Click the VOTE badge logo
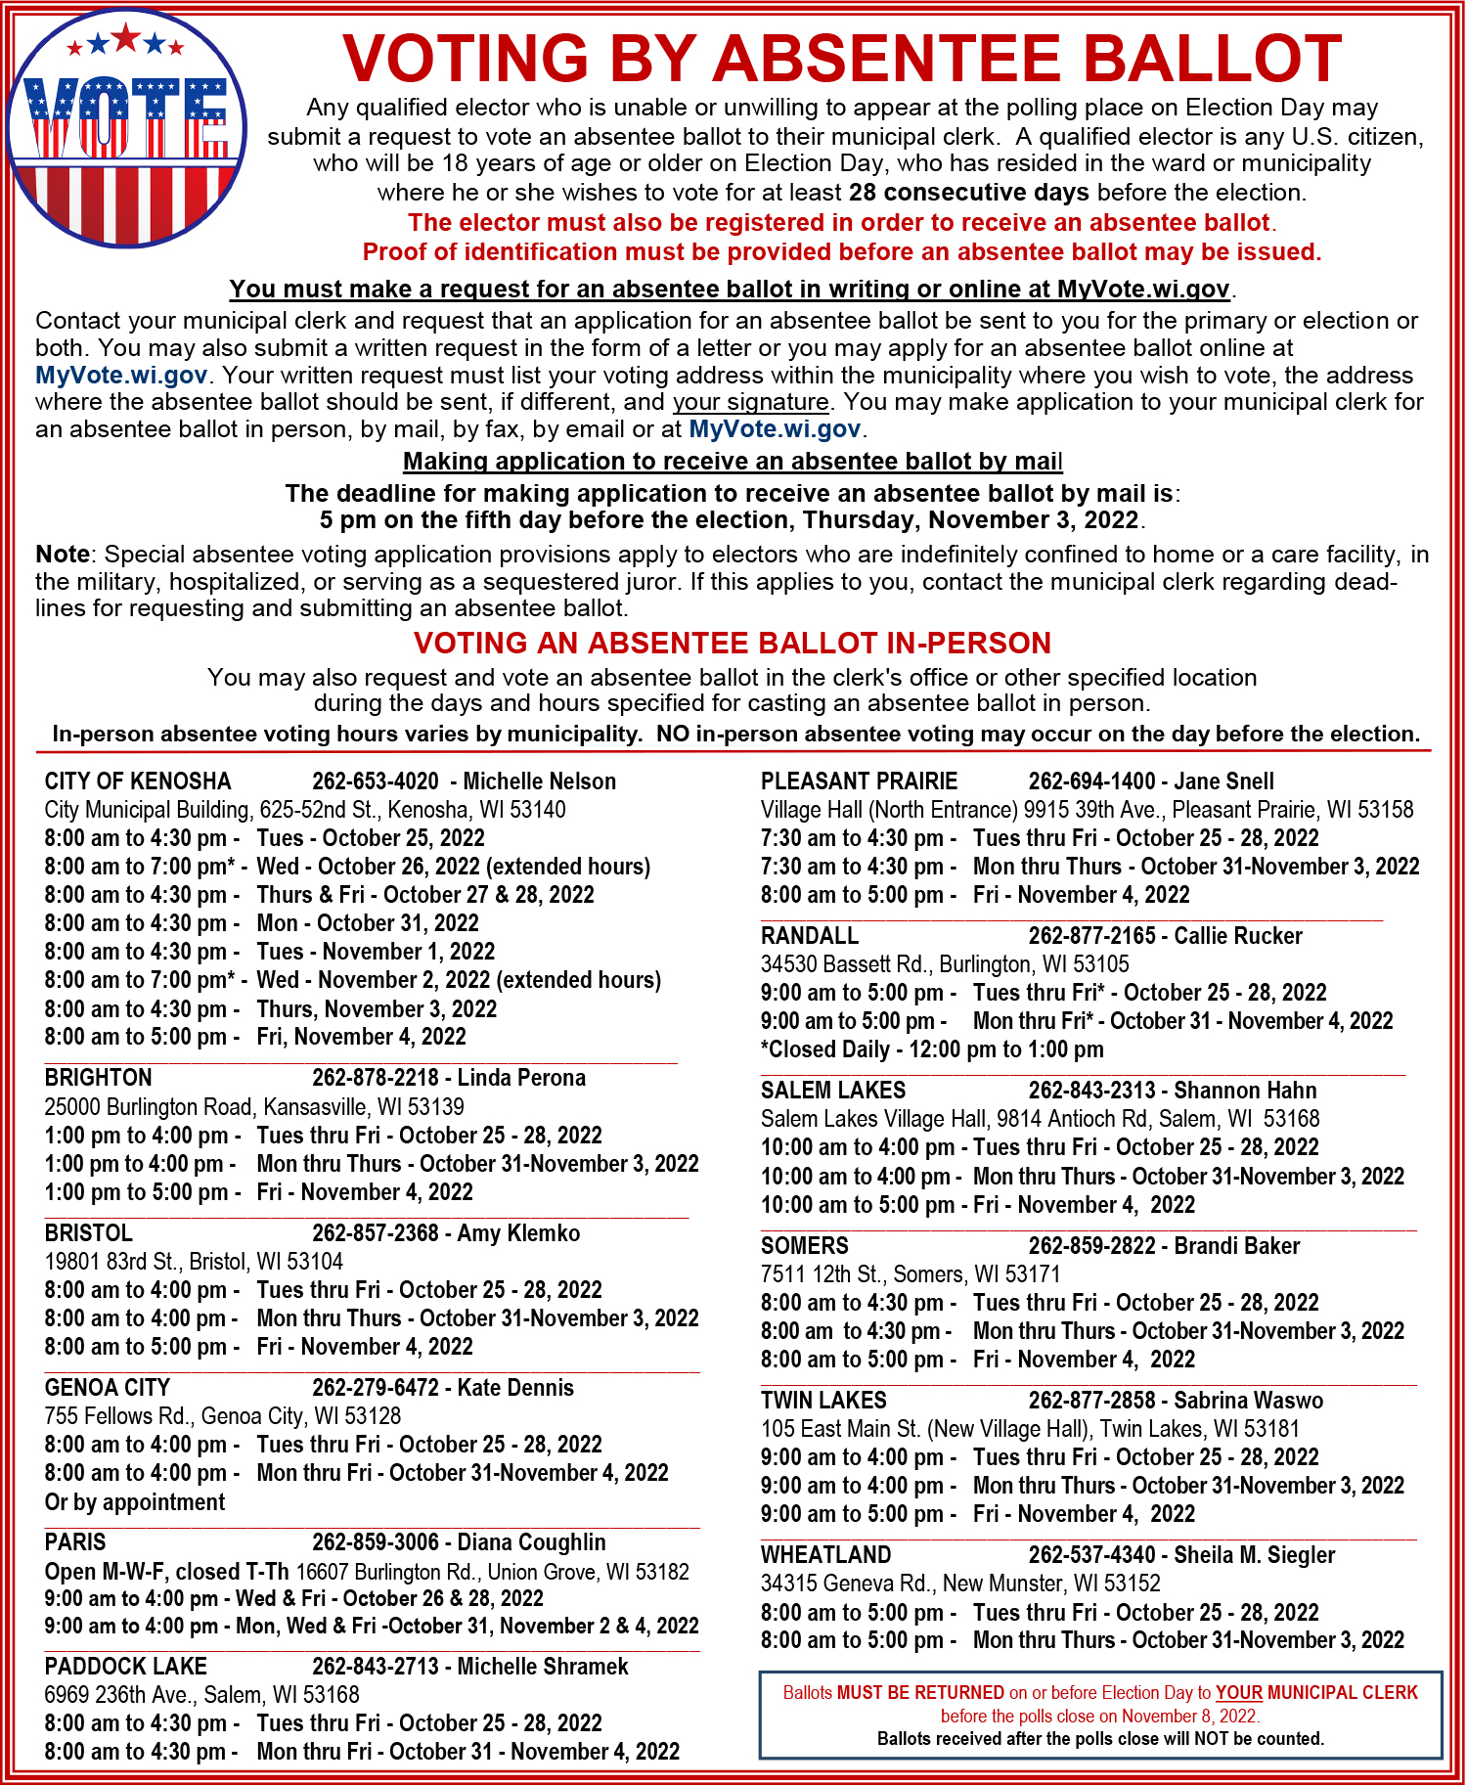pos(126,127)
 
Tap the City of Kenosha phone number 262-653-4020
pos(376,781)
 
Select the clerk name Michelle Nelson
pos(539,781)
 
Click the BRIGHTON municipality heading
pos(98,1078)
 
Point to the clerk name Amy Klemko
pos(518,1233)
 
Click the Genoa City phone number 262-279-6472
pos(376,1388)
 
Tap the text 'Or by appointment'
pos(135,1502)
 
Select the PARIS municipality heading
pos(75,1542)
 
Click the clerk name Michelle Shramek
pos(543,1667)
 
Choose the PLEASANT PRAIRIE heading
pos(859,781)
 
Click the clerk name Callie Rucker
pos(1238,936)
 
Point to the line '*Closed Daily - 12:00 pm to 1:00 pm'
pos(932,1049)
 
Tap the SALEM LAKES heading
pos(833,1091)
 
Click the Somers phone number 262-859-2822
pos(1091,1246)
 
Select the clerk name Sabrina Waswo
pos(1248,1401)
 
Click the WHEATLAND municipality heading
pos(826,1555)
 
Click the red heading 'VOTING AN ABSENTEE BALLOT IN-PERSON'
pos(732,643)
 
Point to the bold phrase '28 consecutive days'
pos(968,193)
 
